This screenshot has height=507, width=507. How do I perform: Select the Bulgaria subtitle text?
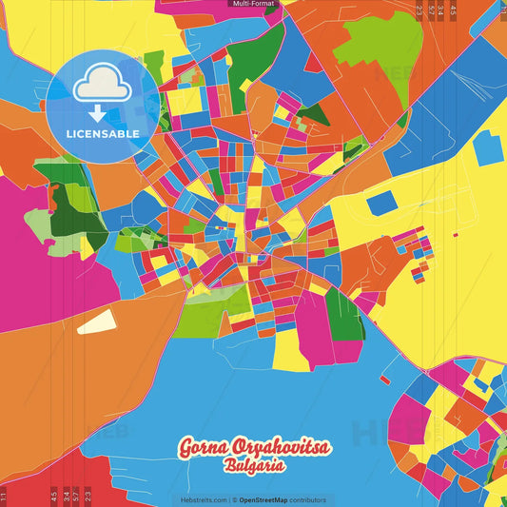[x=253, y=467]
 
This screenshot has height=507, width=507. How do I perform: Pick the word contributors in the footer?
[x=307, y=499]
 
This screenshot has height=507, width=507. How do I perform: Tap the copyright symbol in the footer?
[x=234, y=499]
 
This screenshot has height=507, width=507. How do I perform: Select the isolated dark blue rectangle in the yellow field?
[x=380, y=203]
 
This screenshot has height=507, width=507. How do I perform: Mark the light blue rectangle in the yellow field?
[x=488, y=148]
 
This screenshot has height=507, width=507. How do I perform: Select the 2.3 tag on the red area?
[x=88, y=495]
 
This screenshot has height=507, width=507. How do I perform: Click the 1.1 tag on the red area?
[x=4, y=496]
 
